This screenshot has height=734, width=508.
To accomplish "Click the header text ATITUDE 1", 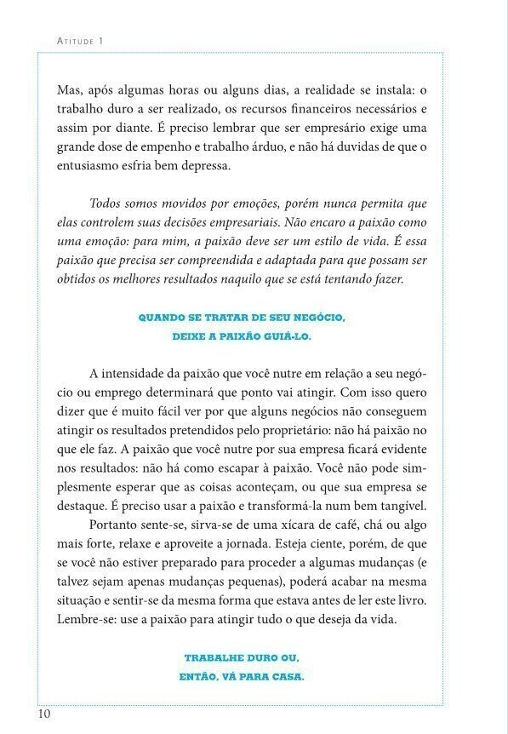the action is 79,40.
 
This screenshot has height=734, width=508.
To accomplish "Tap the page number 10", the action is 43,714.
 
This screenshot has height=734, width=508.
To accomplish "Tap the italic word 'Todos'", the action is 106,204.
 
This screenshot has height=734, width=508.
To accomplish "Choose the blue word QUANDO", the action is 161,318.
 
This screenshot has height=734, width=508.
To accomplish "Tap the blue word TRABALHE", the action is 214,659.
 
